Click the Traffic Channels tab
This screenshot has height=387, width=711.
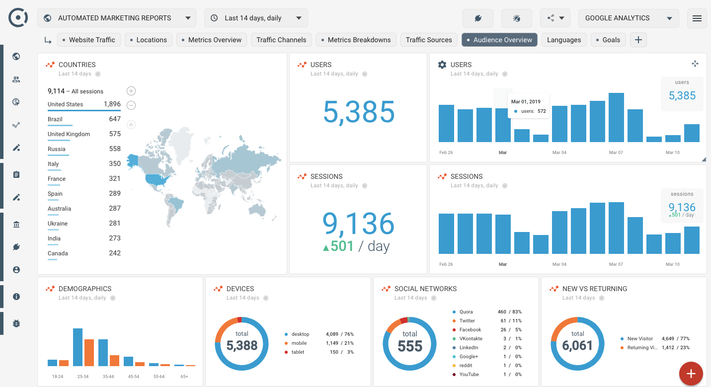coord(281,40)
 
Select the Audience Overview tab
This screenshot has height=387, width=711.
coord(499,40)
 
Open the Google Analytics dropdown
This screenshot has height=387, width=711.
coord(628,18)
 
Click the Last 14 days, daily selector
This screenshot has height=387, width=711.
coord(256,18)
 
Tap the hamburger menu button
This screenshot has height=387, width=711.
coord(697,18)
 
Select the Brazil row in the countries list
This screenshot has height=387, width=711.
coord(55,119)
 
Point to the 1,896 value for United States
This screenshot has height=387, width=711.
coord(112,104)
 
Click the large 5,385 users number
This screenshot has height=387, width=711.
coord(359,112)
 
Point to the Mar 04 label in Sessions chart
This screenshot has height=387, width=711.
coord(559,264)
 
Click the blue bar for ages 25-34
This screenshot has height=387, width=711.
coord(78,347)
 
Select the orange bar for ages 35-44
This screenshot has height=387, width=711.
coord(114,360)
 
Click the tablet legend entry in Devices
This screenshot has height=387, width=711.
coord(298,352)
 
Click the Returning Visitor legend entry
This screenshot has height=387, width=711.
coord(644,348)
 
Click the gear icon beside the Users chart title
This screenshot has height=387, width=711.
coord(442,65)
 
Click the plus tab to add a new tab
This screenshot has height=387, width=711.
coord(638,40)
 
